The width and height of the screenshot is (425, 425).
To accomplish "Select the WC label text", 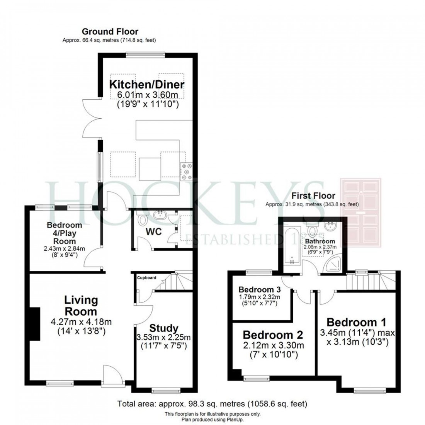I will coord(153,231).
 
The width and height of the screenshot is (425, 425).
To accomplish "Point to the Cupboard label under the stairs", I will coord(147,277).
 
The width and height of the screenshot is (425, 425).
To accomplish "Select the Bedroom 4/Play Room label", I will coord(65,233).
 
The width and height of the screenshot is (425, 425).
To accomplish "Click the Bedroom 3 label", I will coord(259,289).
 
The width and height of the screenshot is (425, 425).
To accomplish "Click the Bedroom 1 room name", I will coord(356,322).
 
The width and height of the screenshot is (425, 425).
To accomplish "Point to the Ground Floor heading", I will coord(110,32).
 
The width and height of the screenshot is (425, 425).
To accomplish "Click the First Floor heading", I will coord(313,195).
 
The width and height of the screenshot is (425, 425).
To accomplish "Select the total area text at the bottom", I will coord(212,404).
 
